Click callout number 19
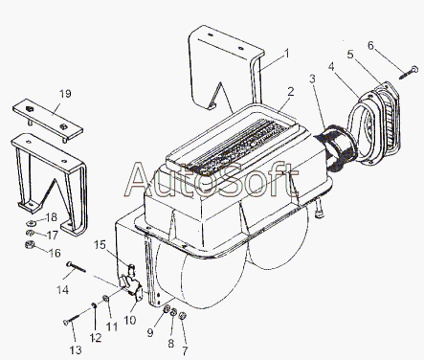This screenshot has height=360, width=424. coord(65,94)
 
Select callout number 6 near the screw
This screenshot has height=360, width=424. coord(370,45)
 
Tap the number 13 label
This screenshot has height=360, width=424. coord(76,350)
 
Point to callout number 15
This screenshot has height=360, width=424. coord(100,245)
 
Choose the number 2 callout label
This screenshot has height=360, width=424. coord(290,92)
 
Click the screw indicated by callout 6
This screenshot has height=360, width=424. coord(408,73)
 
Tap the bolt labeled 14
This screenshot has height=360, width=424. coord(77,267)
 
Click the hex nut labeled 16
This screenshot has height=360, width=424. coord(29,245)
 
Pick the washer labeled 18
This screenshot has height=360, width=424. coord(31,222)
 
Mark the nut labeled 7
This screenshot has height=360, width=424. coord(183,316)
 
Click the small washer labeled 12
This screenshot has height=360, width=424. coord(94,305)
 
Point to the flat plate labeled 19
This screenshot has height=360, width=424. coord(48,120)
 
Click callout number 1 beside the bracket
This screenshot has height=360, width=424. coord(287,54)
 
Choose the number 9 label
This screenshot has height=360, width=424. coord(150,332)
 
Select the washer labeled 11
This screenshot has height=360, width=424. coord(105,299)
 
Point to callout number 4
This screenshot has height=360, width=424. coord(331,67)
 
